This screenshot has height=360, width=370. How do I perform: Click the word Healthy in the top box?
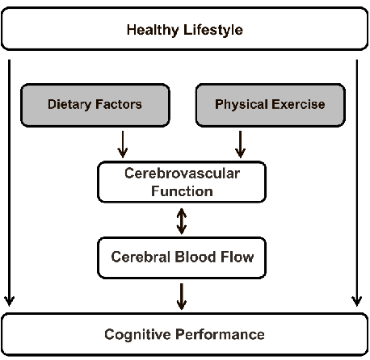click(x=152, y=31)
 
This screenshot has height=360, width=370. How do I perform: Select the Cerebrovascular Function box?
click(x=180, y=182)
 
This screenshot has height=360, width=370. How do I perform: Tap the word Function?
click(x=181, y=191)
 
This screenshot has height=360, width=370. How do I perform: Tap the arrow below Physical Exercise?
click(x=239, y=144)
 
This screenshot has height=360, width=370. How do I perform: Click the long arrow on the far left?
click(x=9, y=182)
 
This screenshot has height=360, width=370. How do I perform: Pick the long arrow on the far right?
click(x=356, y=182)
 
